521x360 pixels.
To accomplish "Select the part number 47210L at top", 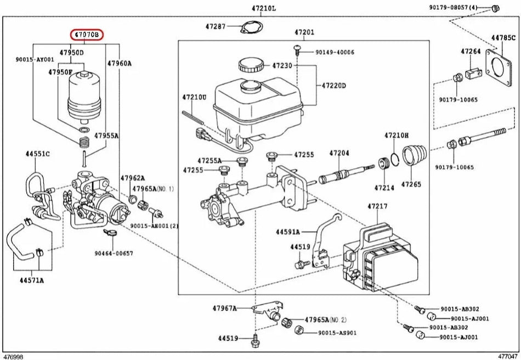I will pos(264,8).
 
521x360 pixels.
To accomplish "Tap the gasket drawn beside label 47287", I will pos(250,27).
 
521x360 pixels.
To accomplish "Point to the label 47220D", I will pos(334,86).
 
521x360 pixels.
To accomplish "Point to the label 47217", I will pos(378,206).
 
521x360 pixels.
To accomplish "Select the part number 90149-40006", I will pos(335,52).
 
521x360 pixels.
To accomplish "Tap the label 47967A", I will pos(225,308).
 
